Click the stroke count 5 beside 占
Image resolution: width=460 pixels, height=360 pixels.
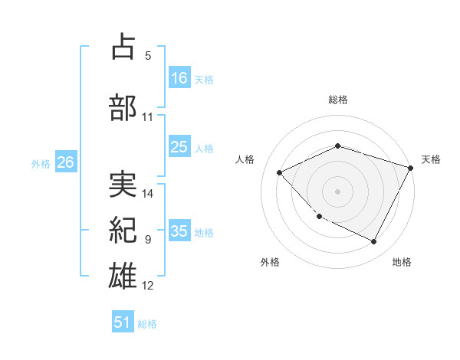(148, 56)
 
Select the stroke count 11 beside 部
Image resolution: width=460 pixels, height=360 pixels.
(148, 116)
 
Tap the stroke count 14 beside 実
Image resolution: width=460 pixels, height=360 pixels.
(148, 193)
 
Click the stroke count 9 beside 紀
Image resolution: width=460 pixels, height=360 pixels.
(148, 239)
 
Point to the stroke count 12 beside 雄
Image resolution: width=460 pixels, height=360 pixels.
(148, 285)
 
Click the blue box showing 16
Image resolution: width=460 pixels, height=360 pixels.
(179, 78)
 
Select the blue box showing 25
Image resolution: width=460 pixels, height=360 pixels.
(179, 147)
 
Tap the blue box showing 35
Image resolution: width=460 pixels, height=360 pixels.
(179, 231)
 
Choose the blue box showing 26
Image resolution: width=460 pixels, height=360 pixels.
(65, 162)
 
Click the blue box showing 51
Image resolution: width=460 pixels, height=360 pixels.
(123, 322)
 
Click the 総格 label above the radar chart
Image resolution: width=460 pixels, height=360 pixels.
(338, 100)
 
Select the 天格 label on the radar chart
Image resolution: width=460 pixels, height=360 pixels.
(431, 159)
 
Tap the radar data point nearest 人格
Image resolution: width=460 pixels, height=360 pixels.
(280, 172)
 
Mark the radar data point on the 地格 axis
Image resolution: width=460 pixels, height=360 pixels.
(374, 242)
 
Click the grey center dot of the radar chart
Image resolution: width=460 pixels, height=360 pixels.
(337, 191)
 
